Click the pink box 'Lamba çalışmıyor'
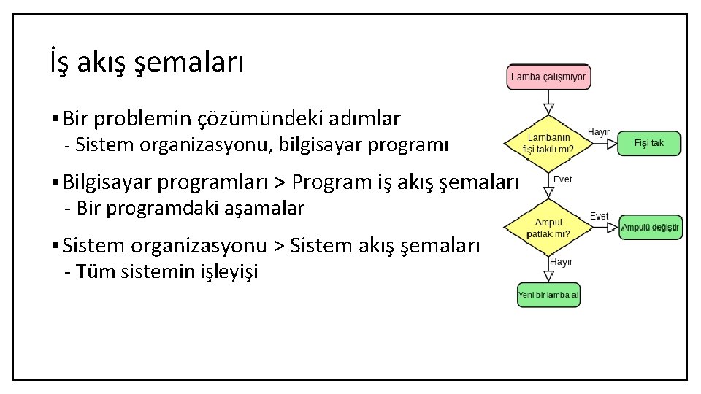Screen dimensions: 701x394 coord(548,77)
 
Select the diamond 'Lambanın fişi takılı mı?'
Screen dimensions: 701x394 coord(548,143)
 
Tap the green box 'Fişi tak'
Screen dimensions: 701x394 coord(648,143)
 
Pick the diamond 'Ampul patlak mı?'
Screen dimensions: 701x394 coord(548,228)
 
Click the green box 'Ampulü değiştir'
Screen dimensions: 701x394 coord(649,228)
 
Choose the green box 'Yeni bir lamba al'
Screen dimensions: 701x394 coord(548,295)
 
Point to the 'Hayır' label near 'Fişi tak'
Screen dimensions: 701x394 coord(599,132)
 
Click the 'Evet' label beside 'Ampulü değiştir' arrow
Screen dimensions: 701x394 coord(599,217)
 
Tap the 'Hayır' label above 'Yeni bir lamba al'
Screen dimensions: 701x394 coord(561,261)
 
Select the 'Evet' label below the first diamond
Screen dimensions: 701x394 coord(563,179)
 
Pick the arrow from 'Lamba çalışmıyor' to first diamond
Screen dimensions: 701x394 coord(548,101)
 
